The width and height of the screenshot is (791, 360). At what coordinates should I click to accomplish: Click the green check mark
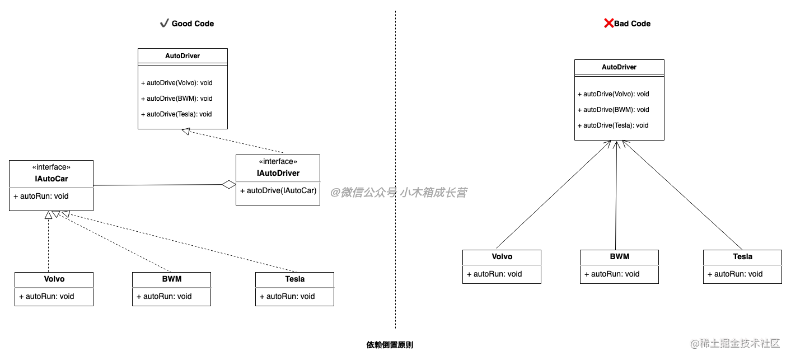[165, 23]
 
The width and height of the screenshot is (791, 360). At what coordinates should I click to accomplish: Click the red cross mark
[609, 23]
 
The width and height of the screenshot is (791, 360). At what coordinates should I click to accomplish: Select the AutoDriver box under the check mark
[182, 56]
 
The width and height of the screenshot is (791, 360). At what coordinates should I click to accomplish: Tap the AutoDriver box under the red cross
[619, 67]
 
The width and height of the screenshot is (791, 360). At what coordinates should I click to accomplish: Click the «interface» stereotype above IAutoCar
[52, 167]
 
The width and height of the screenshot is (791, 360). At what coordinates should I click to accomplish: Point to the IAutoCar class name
[52, 179]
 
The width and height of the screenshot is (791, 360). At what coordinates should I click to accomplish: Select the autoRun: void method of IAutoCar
[41, 196]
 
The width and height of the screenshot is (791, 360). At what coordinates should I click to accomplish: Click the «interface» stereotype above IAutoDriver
[278, 161]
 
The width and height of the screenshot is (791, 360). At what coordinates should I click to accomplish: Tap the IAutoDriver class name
[278, 173]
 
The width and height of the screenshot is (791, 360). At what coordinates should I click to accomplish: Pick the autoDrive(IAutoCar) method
[278, 190]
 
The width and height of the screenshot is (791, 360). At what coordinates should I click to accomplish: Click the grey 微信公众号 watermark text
[398, 193]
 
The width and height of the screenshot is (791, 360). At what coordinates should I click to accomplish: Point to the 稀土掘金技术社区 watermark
[734, 342]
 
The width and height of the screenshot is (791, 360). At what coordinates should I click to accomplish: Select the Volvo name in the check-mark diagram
[54, 279]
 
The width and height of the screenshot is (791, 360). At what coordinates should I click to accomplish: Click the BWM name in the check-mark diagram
[172, 279]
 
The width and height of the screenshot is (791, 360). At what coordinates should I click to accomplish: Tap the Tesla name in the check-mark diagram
[295, 279]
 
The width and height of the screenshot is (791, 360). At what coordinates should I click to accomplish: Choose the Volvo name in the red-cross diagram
[502, 256]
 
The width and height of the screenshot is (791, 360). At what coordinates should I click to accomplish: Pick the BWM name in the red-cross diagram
[620, 256]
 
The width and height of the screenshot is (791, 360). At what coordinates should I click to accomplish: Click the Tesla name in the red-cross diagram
[743, 256]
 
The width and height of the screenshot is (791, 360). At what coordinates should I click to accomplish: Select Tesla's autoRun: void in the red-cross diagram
[735, 274]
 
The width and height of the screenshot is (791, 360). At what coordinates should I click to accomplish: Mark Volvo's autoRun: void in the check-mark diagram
[46, 296]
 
